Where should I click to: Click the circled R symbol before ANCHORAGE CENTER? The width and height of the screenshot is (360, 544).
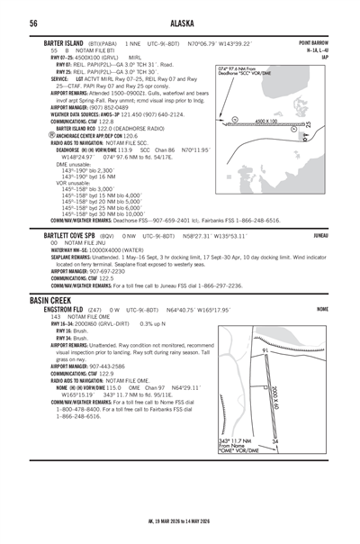pyautogui.click(x=53, y=134)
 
